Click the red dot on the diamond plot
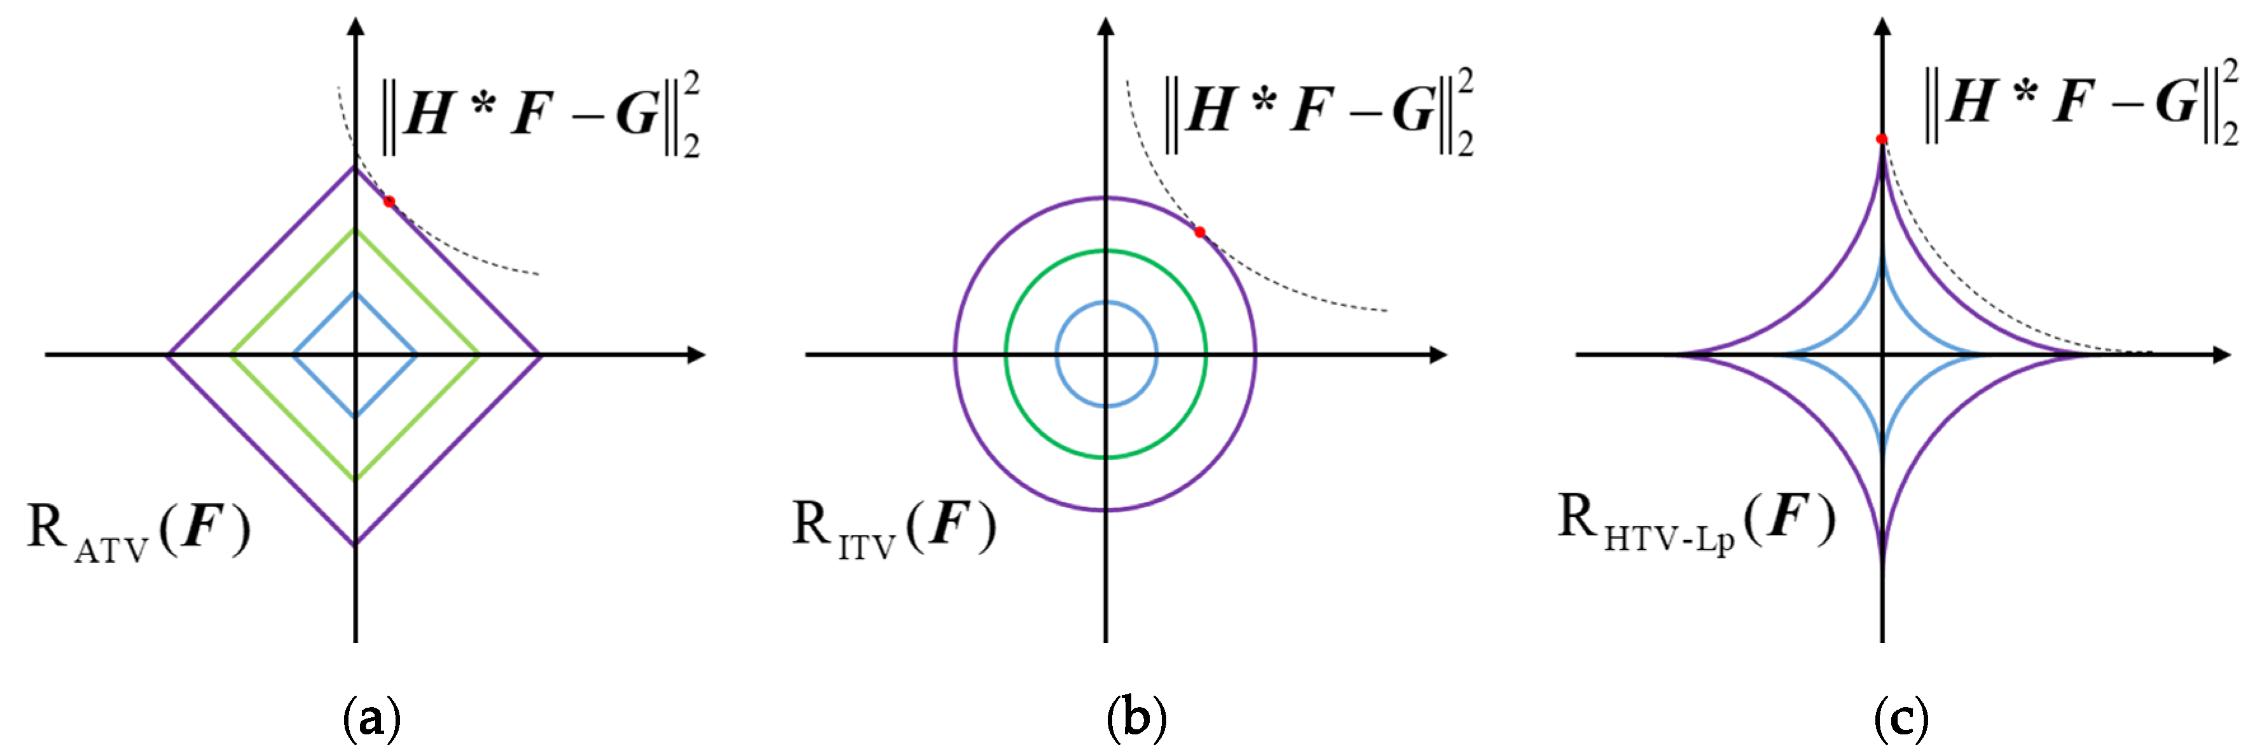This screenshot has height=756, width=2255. pyautogui.click(x=390, y=201)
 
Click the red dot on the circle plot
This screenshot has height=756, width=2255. pyautogui.click(x=1199, y=232)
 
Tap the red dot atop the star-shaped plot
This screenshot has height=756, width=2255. pyautogui.click(x=1881, y=139)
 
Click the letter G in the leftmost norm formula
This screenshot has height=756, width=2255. pyautogui.click(x=637, y=114)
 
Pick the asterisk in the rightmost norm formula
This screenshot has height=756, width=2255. pyautogui.click(x=2024, y=93)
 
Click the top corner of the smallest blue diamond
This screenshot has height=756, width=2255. pyautogui.click(x=355, y=292)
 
